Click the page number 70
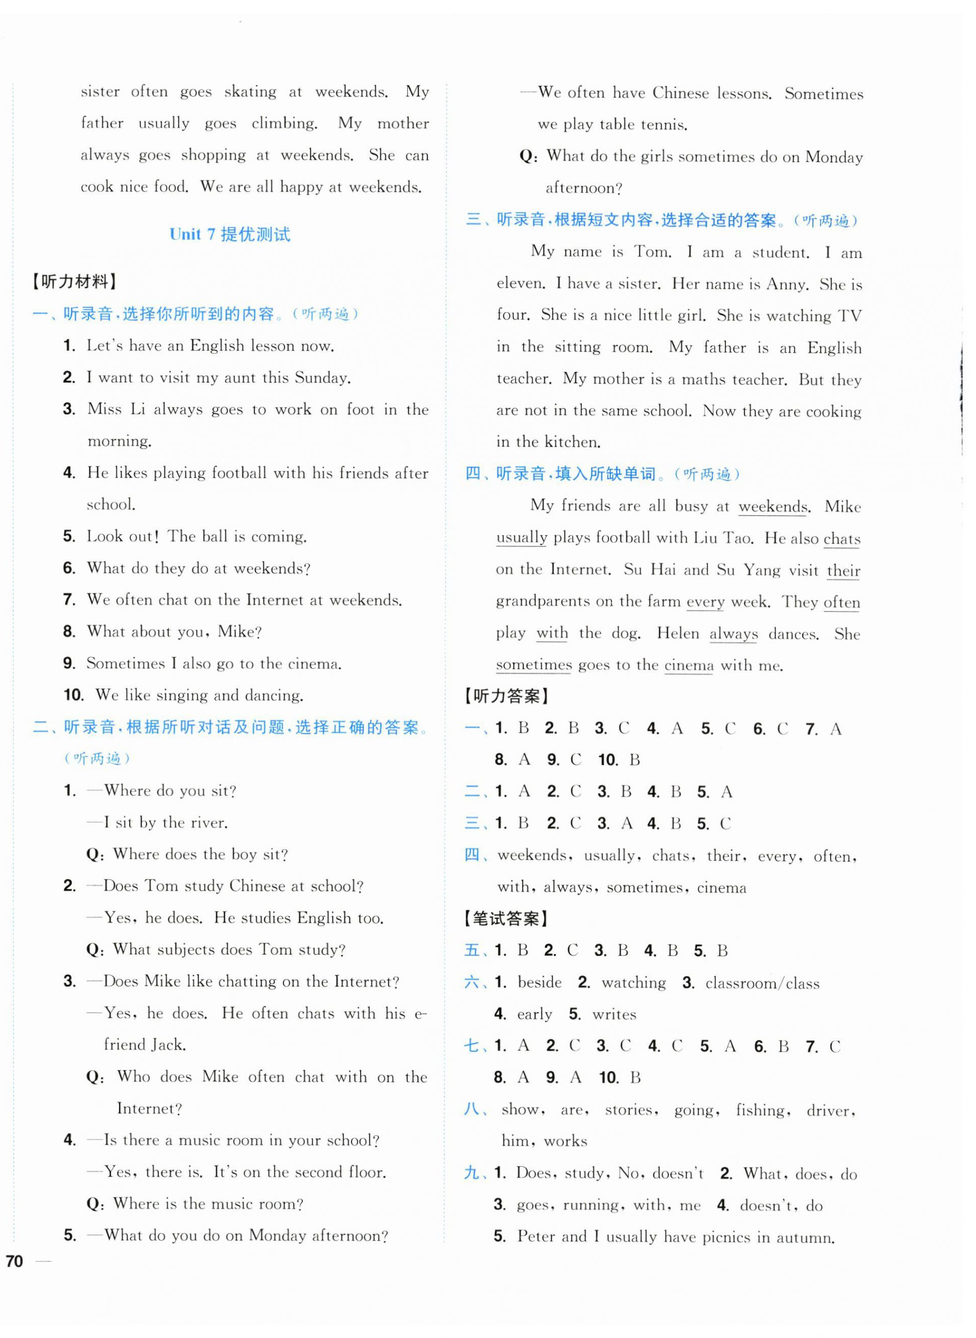(14, 1261)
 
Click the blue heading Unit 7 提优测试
(229, 234)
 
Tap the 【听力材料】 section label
(74, 281)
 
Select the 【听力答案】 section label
(507, 696)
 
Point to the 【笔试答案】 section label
(507, 919)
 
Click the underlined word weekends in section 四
(773, 507)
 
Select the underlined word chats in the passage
(841, 539)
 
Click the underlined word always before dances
(733, 634)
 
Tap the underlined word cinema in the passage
(688, 666)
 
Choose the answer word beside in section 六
(539, 982)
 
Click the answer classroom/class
(762, 983)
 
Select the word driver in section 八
(830, 1111)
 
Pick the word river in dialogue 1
(210, 823)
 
